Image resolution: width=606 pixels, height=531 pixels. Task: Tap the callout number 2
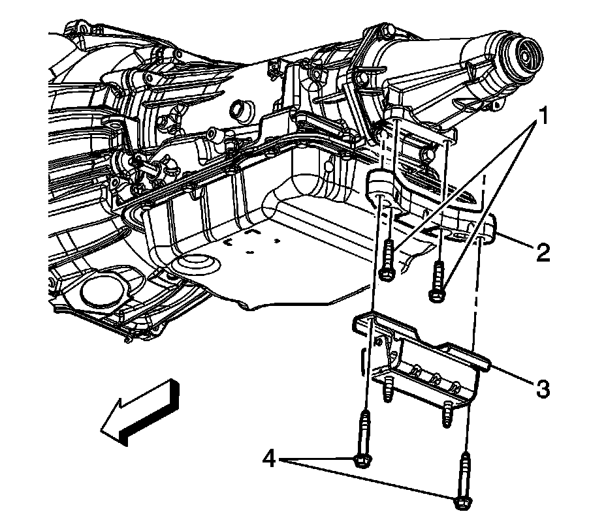click(x=541, y=252)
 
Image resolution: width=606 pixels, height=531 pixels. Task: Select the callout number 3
click(x=541, y=389)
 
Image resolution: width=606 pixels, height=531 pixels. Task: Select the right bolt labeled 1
click(x=437, y=281)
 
